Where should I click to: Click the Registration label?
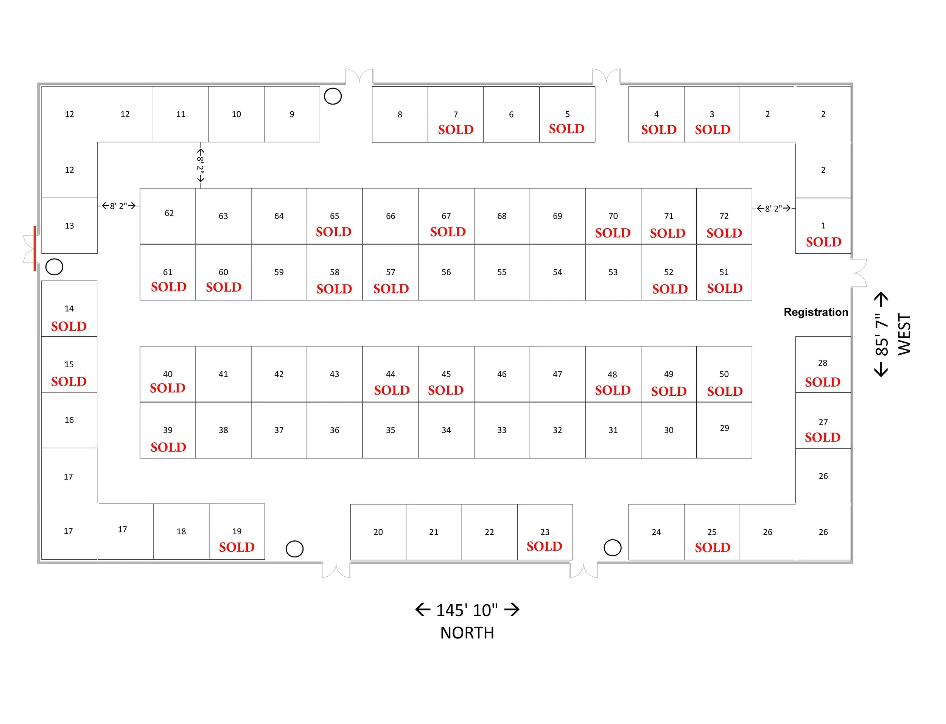click(815, 312)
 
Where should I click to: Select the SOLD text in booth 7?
click(455, 129)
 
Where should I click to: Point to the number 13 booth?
click(69, 225)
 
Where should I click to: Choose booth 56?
click(446, 272)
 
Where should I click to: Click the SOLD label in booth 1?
click(823, 242)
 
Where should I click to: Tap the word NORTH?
click(467, 633)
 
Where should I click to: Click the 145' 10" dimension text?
click(467, 610)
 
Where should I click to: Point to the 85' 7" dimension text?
click(881, 334)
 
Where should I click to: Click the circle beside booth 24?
click(612, 548)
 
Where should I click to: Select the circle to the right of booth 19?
click(294, 549)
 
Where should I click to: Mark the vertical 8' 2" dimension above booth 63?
click(200, 165)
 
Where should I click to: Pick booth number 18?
click(181, 531)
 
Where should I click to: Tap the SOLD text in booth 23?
click(544, 546)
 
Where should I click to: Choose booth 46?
click(501, 374)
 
